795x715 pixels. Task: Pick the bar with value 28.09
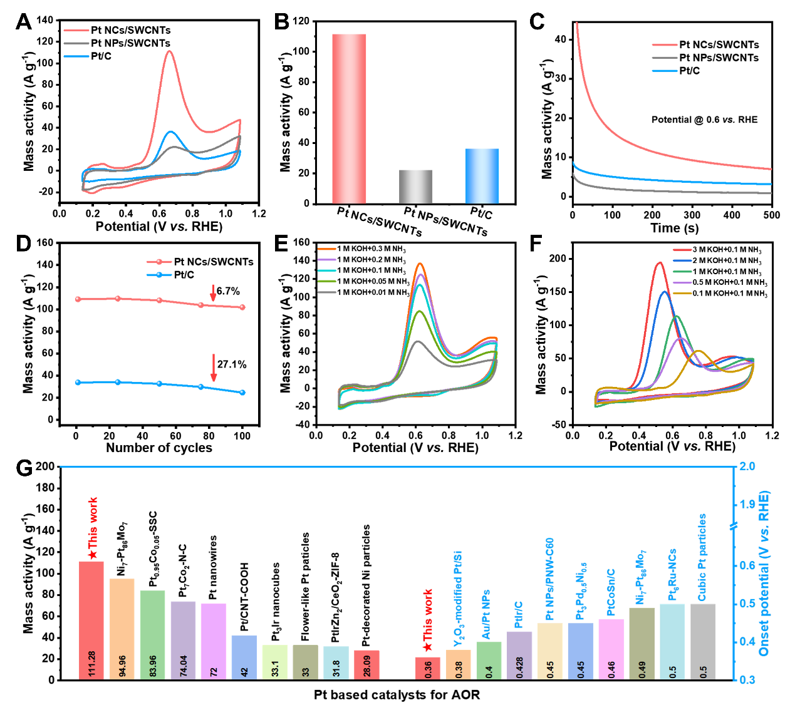coord(366,664)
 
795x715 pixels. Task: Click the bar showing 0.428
coord(519,654)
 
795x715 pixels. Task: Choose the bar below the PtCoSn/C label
coord(611,648)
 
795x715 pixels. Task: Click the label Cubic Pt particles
coord(702,557)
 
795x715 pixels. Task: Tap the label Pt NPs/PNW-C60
coord(549,579)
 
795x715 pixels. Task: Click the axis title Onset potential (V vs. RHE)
coord(764,573)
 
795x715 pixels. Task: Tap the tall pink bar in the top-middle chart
coord(349,118)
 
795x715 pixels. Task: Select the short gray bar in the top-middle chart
coord(415,187)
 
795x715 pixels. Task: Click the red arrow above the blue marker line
coord(214,368)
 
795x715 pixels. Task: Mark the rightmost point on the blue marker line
coord(242,393)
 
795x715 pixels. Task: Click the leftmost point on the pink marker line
coord(78,299)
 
